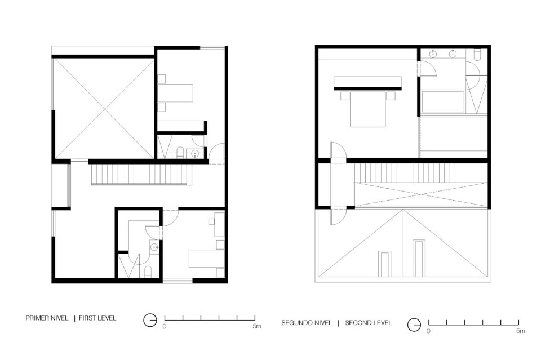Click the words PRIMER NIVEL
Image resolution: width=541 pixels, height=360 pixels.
(x=47, y=318)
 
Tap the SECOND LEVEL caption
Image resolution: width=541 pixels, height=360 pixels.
(x=369, y=323)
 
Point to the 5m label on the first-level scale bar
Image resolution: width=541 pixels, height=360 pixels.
(x=257, y=326)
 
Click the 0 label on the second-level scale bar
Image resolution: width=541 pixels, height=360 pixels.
(x=428, y=331)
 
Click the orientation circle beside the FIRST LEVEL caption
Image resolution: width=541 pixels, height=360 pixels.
(x=150, y=321)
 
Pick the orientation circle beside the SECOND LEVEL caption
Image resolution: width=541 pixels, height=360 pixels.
(x=414, y=325)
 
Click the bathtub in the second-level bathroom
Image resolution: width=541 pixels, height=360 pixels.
(x=443, y=102)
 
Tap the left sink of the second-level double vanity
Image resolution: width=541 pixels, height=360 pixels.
(x=433, y=54)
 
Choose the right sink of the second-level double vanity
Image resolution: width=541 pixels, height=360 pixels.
(x=453, y=54)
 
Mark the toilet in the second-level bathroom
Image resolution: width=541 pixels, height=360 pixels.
(x=477, y=55)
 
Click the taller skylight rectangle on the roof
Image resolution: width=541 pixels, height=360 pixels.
(x=419, y=258)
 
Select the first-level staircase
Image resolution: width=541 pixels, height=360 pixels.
(x=141, y=175)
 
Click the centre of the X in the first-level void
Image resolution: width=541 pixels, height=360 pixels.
(x=104, y=108)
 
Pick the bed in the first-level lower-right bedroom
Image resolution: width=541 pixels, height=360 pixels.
(x=206, y=258)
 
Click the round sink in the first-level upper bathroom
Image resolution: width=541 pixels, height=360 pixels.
(x=196, y=153)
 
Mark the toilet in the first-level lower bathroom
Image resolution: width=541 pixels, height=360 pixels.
(x=148, y=272)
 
